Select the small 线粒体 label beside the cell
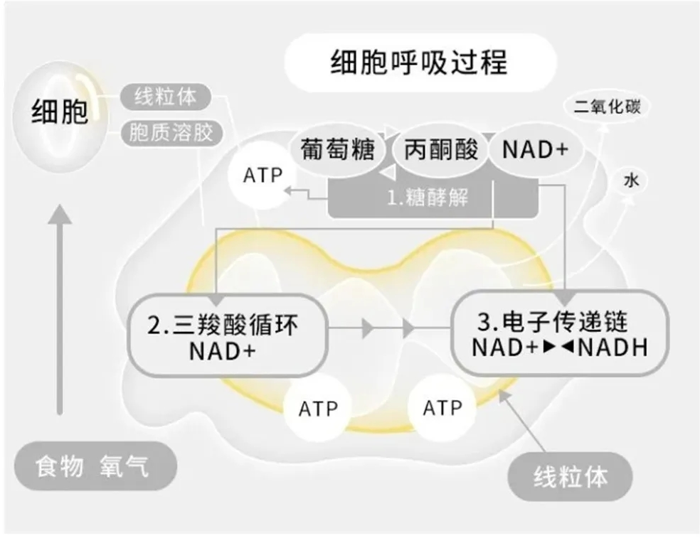166,97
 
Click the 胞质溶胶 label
171,132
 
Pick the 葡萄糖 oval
337,151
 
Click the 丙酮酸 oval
441,151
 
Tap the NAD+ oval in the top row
535,151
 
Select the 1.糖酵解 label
428,197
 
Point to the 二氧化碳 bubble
607,107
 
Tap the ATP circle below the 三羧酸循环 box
318,409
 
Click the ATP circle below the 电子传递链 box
442,409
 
